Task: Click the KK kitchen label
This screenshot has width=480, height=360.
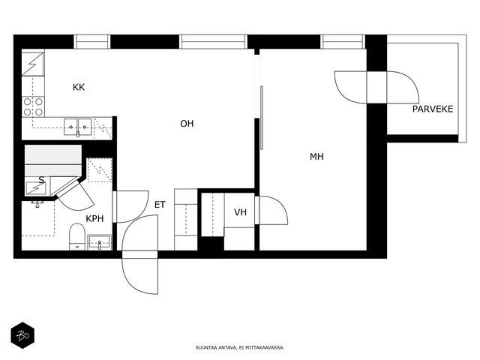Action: click(x=79, y=87)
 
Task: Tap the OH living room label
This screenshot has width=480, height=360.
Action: click(x=187, y=124)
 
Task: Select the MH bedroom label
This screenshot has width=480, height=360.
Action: click(x=316, y=157)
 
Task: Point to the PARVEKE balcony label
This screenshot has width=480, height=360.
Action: click(x=433, y=109)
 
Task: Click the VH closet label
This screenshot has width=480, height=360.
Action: click(x=240, y=212)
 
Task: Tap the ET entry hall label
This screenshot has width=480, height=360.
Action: click(x=160, y=205)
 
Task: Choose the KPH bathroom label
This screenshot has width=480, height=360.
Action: click(x=94, y=218)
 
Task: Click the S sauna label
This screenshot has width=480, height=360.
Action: click(x=41, y=180)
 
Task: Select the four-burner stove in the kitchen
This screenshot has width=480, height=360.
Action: click(x=33, y=106)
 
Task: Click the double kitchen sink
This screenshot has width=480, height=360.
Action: click(x=78, y=127)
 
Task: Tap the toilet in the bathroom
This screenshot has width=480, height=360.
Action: click(x=76, y=237)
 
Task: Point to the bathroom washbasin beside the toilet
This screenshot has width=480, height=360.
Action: click(x=100, y=242)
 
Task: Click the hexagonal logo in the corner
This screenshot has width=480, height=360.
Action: click(x=22, y=335)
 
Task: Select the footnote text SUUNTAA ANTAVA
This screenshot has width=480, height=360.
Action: click(x=216, y=347)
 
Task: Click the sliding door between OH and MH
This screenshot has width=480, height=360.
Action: click(x=262, y=118)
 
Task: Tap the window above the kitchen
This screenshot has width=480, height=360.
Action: click(x=91, y=42)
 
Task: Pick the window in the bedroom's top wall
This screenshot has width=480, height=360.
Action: click(x=343, y=42)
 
